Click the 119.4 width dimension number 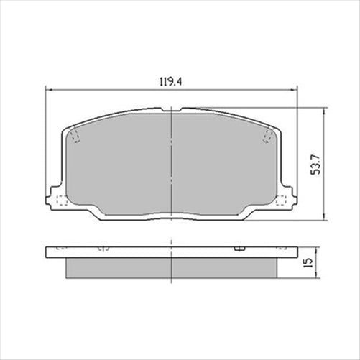pos(170,81)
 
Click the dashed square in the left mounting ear pos(61,200)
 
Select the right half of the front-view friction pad pos(223,169)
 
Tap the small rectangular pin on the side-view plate pos(237,247)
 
